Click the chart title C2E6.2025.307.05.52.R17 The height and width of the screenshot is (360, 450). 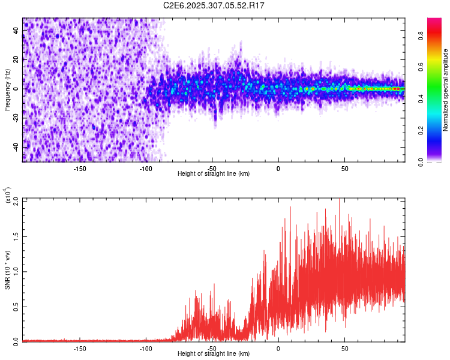click(214, 5)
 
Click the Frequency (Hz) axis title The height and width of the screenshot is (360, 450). click(8, 90)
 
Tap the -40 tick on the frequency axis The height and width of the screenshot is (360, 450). click(16, 147)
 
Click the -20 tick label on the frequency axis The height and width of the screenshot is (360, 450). click(16, 118)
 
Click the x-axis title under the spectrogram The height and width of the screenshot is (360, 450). click(214, 174)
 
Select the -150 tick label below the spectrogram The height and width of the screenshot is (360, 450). click(80, 169)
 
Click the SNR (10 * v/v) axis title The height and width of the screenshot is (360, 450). click(8, 270)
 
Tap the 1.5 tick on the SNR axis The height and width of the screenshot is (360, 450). click(16, 236)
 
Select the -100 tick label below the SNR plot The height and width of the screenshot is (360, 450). click(146, 348)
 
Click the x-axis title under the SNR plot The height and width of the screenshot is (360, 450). click(214, 354)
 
